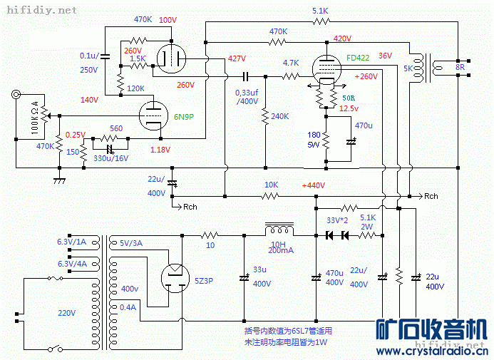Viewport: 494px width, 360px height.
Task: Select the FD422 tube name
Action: (x=359, y=58)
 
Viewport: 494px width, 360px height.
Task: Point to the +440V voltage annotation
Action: (x=313, y=185)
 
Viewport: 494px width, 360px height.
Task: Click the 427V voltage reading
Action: (x=237, y=58)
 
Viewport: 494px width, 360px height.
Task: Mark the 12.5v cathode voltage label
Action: (x=349, y=108)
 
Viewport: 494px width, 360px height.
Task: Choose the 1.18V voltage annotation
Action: (x=160, y=150)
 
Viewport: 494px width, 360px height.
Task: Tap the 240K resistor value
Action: (x=280, y=116)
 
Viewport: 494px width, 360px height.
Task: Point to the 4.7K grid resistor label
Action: (x=290, y=63)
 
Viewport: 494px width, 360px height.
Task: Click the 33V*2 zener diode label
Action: (x=336, y=220)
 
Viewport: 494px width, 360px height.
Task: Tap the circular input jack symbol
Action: (x=16, y=93)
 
